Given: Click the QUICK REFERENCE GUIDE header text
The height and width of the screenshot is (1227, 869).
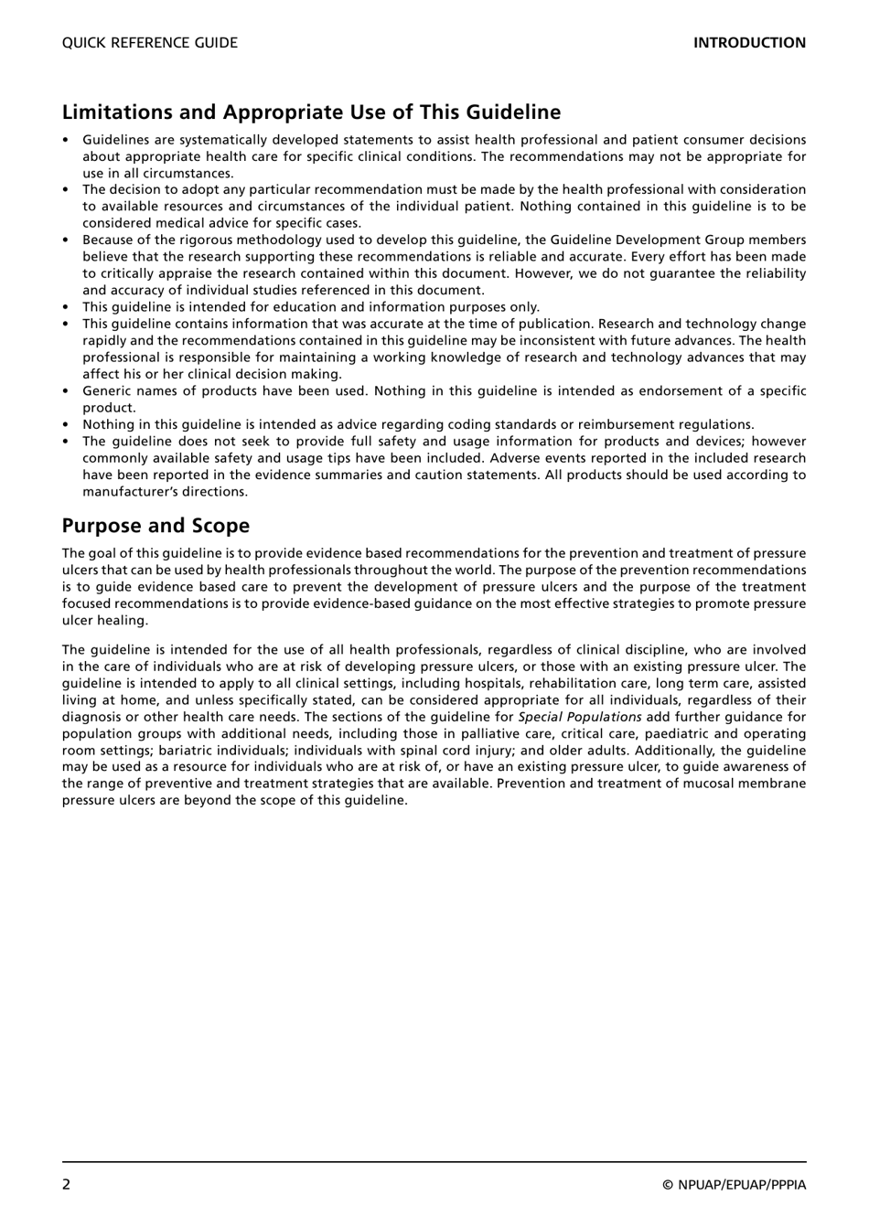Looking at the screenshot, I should (149, 43).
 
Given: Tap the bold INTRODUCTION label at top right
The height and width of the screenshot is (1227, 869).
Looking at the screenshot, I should (749, 43).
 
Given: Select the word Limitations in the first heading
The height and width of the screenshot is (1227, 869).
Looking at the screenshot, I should (118, 112).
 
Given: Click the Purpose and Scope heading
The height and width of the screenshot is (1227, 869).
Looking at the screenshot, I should (156, 526).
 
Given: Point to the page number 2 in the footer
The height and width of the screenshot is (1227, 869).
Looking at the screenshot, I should (67, 1185).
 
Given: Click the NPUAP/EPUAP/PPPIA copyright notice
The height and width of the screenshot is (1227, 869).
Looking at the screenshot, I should (735, 1186).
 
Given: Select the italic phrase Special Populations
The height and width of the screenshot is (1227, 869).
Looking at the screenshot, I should (580, 717).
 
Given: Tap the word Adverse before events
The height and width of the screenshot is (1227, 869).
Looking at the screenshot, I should (519, 458).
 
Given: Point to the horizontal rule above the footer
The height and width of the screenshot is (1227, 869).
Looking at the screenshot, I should (434, 1161).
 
